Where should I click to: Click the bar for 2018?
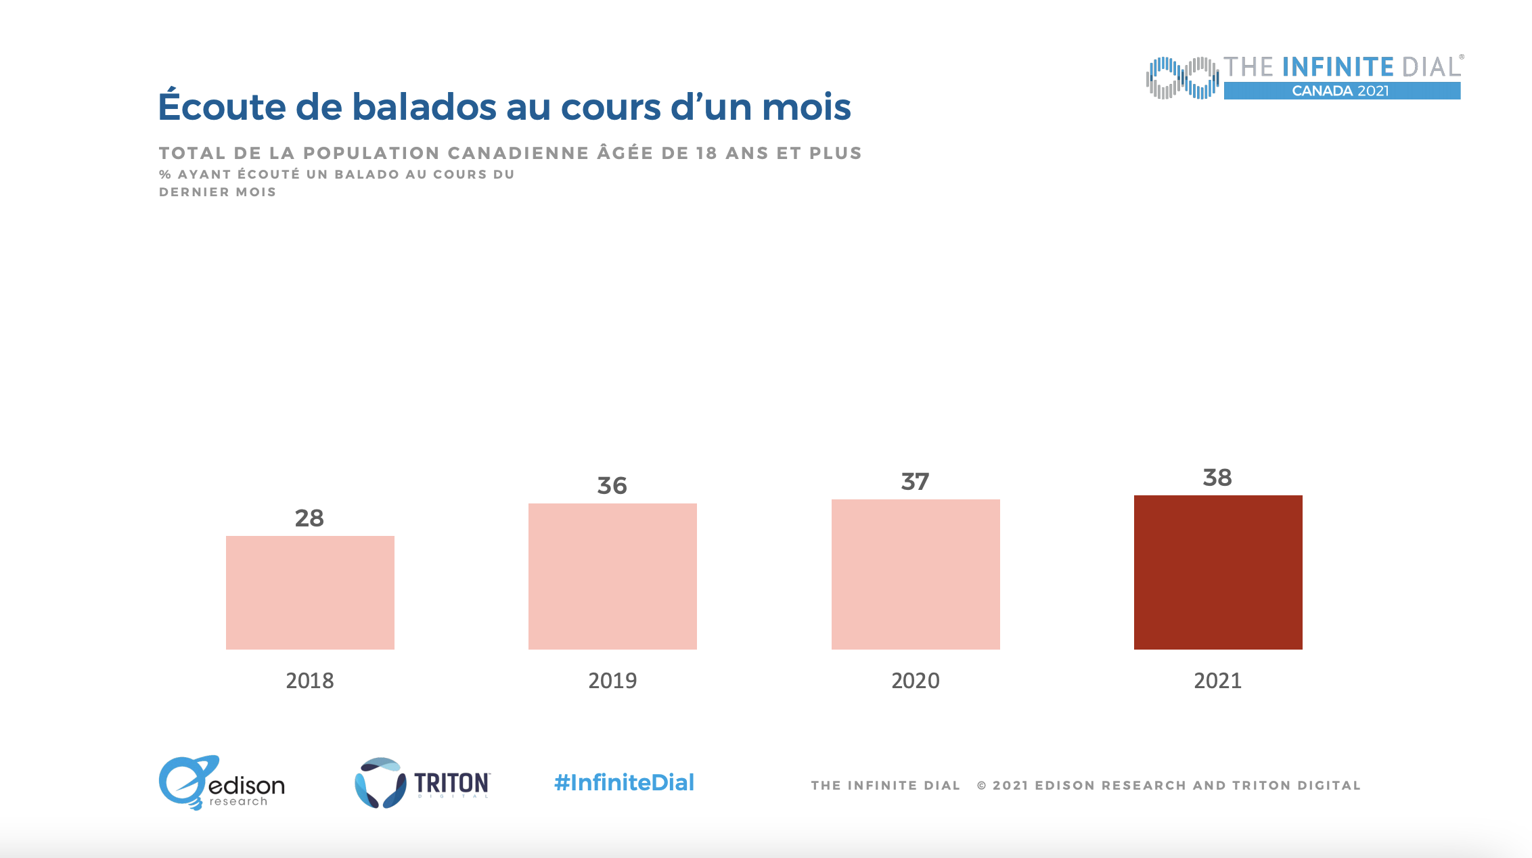pos(310,593)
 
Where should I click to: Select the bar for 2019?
pos(612,577)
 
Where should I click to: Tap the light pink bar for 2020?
pos(916,574)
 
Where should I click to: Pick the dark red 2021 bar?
pos(1218,572)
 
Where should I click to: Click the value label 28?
pos(309,518)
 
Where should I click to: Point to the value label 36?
pos(612,486)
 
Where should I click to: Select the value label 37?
pos(915,482)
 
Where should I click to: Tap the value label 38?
pos(1217,478)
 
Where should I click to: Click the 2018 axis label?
pos(310,681)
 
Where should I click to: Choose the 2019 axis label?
pos(612,681)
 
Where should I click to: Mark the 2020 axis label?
pos(916,681)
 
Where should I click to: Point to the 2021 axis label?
pos(1218,681)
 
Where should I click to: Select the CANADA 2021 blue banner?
pos(1342,91)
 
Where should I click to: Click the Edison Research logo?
pos(221,783)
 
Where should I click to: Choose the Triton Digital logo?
pos(422,783)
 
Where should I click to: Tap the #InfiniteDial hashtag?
pos(624,783)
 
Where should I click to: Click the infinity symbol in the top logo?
pos(1182,78)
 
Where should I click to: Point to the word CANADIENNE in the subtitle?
pos(518,153)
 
